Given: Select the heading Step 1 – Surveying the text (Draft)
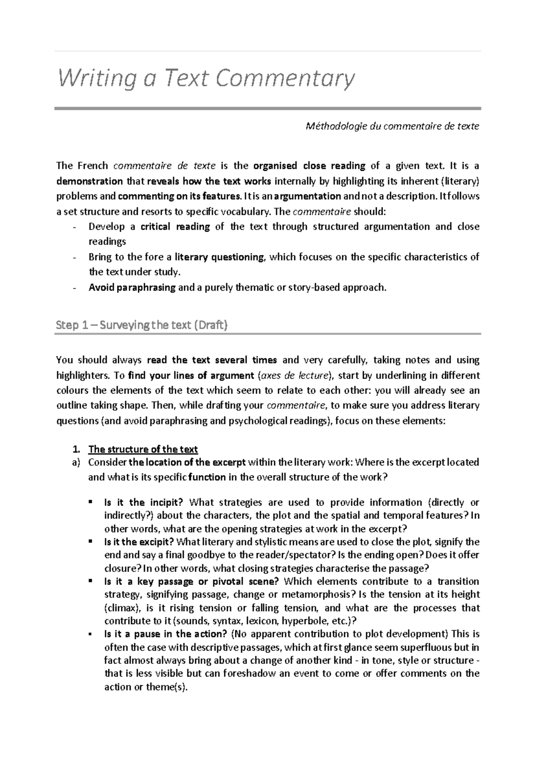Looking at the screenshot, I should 142,325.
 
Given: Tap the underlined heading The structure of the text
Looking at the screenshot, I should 143,449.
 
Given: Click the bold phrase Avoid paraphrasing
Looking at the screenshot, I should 132,288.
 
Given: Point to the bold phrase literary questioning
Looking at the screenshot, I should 219,257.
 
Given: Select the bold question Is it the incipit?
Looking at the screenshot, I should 143,502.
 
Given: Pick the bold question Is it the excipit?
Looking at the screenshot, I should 139,542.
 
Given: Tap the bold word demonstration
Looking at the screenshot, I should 90,181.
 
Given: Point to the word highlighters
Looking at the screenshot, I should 82,375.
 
